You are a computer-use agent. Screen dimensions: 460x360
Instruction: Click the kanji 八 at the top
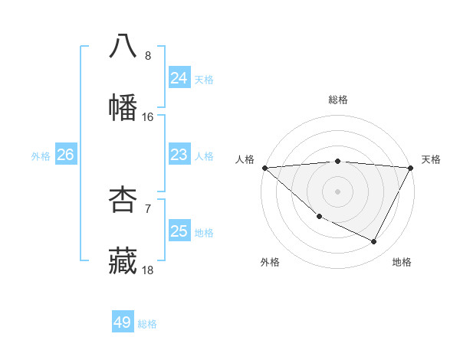point(123,46)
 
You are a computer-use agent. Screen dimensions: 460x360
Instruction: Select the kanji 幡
point(123,108)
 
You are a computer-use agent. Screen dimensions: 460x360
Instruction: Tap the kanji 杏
point(123,199)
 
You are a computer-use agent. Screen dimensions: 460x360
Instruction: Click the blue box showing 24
point(179,77)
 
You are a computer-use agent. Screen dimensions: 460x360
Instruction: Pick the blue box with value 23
point(179,155)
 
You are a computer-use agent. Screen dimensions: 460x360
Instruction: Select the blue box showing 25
point(179,231)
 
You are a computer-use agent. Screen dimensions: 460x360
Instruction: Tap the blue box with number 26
point(65,155)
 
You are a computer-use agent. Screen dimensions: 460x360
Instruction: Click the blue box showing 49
point(123,322)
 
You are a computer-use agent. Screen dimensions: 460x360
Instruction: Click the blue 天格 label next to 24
point(204,79)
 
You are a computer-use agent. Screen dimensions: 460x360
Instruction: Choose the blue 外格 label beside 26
point(41,156)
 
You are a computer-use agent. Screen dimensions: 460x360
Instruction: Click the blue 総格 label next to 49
point(147,324)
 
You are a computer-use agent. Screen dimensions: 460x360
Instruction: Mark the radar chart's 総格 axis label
point(338,100)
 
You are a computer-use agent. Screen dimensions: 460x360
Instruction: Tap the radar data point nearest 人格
point(264,168)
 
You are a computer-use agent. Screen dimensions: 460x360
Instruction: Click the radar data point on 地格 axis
point(374,242)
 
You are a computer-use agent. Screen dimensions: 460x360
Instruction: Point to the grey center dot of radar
point(338,191)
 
